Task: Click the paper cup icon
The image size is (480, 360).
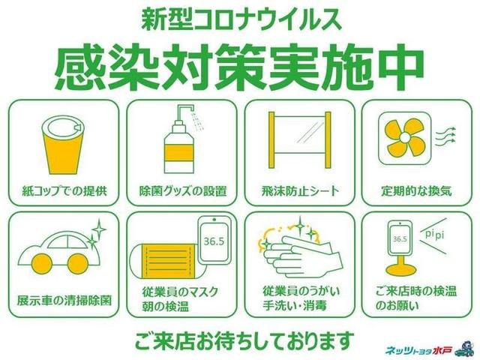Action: pyautogui.click(x=63, y=145)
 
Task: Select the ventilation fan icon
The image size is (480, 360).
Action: pyautogui.click(x=404, y=138)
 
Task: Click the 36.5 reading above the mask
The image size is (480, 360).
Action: pyautogui.click(x=214, y=241)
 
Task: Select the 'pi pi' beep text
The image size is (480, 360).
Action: pyautogui.click(x=435, y=235)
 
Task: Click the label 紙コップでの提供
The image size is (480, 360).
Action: pyautogui.click(x=64, y=191)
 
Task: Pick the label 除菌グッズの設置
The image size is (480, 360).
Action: pyautogui.click(x=183, y=191)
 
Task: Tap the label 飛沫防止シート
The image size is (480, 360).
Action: pyautogui.click(x=300, y=191)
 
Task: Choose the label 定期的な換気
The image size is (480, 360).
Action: pyautogui.click(x=416, y=191)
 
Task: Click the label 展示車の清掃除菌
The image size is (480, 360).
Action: pyautogui.click(x=64, y=301)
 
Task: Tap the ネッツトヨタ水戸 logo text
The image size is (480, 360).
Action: pyautogui.click(x=418, y=349)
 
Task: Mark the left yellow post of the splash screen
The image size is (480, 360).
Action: pyautogui.click(x=271, y=140)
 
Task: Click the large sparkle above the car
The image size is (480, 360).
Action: pyautogui.click(x=100, y=229)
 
